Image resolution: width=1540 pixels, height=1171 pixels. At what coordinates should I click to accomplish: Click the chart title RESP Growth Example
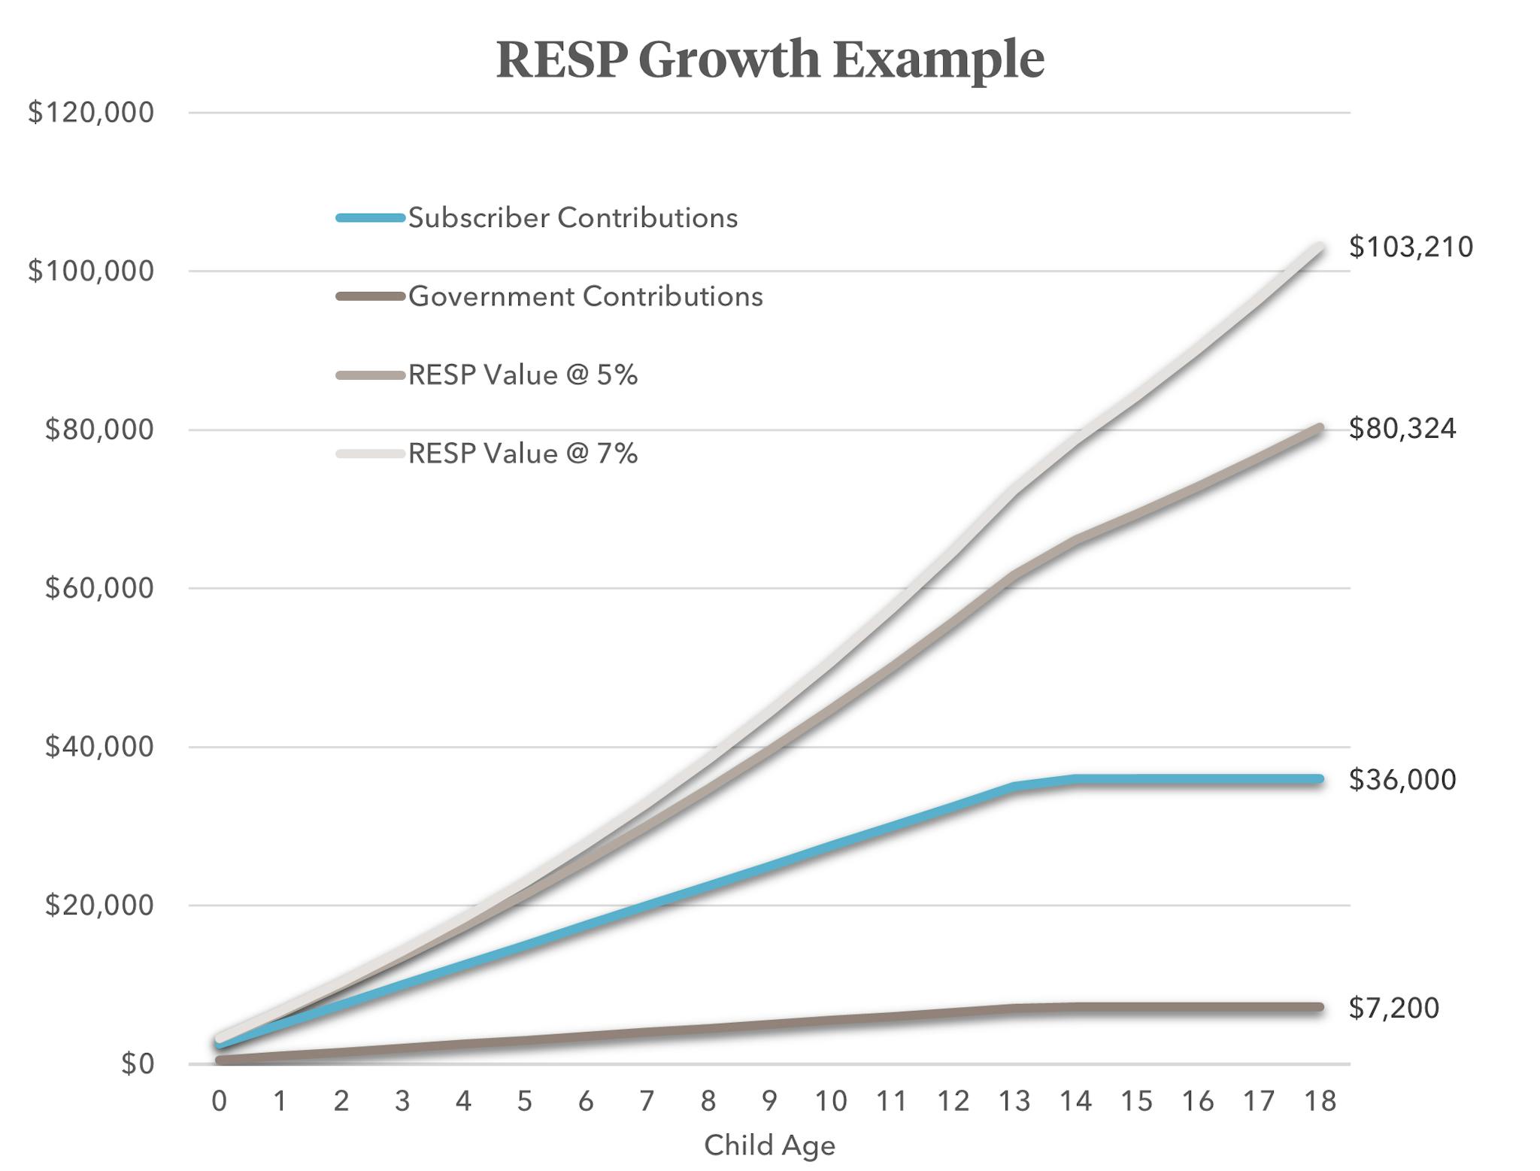[770, 59]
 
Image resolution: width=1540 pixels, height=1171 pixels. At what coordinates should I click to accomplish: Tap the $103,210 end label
[1411, 247]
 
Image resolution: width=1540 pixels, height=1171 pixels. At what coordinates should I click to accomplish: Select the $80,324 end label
[1402, 428]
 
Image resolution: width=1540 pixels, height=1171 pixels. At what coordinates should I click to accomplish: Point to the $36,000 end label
[1402, 779]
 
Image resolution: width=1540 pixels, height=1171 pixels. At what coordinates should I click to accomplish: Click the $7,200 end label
[1393, 1007]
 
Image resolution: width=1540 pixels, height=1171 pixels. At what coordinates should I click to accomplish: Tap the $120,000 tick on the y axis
[90, 113]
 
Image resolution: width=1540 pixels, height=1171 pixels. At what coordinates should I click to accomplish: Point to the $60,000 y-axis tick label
[99, 588]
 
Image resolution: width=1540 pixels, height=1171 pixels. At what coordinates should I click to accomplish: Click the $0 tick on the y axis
[138, 1063]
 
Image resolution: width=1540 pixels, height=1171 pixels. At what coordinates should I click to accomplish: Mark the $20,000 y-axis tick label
[99, 905]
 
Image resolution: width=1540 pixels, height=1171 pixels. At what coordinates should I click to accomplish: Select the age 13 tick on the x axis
[1014, 1101]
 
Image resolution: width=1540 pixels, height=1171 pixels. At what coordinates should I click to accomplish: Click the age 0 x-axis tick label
[219, 1101]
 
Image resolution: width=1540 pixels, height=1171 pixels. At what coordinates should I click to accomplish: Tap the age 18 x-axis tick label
[1320, 1101]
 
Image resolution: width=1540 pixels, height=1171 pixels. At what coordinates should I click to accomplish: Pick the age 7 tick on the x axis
[647, 1101]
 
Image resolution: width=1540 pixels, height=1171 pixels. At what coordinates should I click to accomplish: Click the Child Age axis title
[769, 1145]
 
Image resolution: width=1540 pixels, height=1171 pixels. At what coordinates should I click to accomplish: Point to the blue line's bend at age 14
[1075, 779]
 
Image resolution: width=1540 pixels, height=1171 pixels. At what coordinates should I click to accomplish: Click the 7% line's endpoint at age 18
[1320, 247]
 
